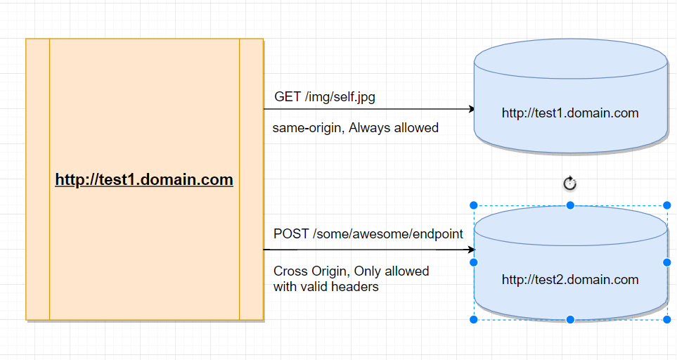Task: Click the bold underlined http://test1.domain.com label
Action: click(x=144, y=180)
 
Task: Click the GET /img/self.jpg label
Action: click(x=324, y=97)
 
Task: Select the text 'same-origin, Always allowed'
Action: click(x=356, y=128)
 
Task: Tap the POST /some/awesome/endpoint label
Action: click(x=368, y=234)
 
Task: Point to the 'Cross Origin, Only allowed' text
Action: click(x=351, y=271)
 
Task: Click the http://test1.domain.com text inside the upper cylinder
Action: click(x=570, y=112)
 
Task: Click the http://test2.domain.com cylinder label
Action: click(x=570, y=280)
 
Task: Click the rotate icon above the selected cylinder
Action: click(x=570, y=184)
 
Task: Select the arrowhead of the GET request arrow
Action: click(x=471, y=110)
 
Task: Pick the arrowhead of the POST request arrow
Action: click(x=471, y=250)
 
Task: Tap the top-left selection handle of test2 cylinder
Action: click(x=474, y=205)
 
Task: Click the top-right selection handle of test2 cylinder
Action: click(x=666, y=205)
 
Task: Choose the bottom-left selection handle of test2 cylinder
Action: click(x=474, y=320)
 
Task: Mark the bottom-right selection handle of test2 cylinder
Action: click(x=666, y=320)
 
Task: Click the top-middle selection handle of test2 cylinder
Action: click(x=570, y=205)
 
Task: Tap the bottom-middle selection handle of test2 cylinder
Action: click(x=570, y=320)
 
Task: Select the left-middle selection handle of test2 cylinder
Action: click(x=474, y=262)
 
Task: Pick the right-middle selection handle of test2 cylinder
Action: click(x=666, y=262)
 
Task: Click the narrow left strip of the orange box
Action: click(x=38, y=180)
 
